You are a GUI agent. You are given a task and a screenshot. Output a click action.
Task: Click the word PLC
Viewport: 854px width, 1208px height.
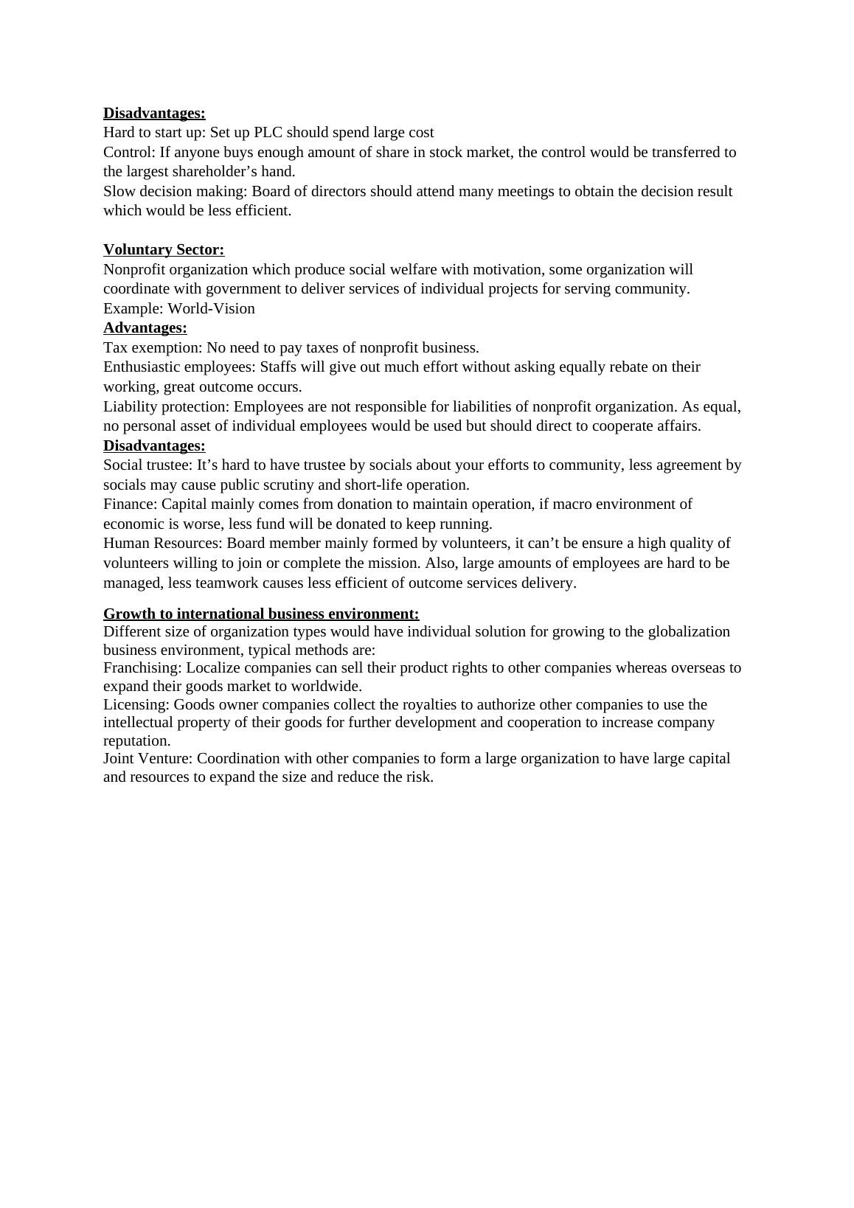pyautogui.click(x=268, y=133)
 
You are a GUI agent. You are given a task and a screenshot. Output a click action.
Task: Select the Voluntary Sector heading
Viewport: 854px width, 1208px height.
pyautogui.click(x=164, y=250)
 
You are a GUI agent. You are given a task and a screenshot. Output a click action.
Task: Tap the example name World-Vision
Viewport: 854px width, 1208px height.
pyautogui.click(x=211, y=309)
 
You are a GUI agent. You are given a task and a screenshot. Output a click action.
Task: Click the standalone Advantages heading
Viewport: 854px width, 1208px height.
pyautogui.click(x=145, y=328)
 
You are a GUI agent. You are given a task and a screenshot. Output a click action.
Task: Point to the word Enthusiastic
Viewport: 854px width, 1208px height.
pyautogui.click(x=142, y=367)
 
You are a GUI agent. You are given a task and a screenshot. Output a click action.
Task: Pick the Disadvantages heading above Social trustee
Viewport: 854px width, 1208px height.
pyautogui.click(x=154, y=446)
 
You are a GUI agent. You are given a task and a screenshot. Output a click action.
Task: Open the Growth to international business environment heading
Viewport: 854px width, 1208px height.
pyautogui.click(x=261, y=614)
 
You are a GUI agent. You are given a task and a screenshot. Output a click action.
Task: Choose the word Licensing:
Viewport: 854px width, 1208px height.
pyautogui.click(x=136, y=705)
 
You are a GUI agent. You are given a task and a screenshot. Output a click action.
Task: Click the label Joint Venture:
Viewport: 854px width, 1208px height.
pyautogui.click(x=148, y=759)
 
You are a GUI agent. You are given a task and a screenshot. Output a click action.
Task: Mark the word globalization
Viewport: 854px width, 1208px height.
pyautogui.click(x=686, y=632)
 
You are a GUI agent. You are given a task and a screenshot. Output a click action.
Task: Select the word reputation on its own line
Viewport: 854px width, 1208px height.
pyautogui.click(x=136, y=741)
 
